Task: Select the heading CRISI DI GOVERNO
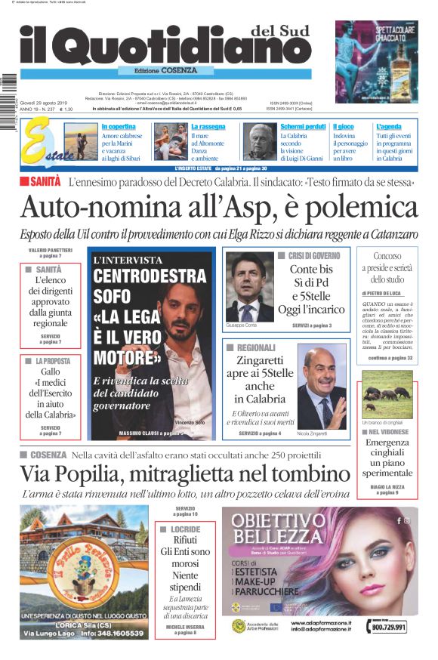(x=315, y=256)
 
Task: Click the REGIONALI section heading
(x=257, y=348)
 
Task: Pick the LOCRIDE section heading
(x=184, y=530)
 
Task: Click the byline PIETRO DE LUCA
(x=386, y=292)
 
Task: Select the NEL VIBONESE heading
(x=390, y=432)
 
